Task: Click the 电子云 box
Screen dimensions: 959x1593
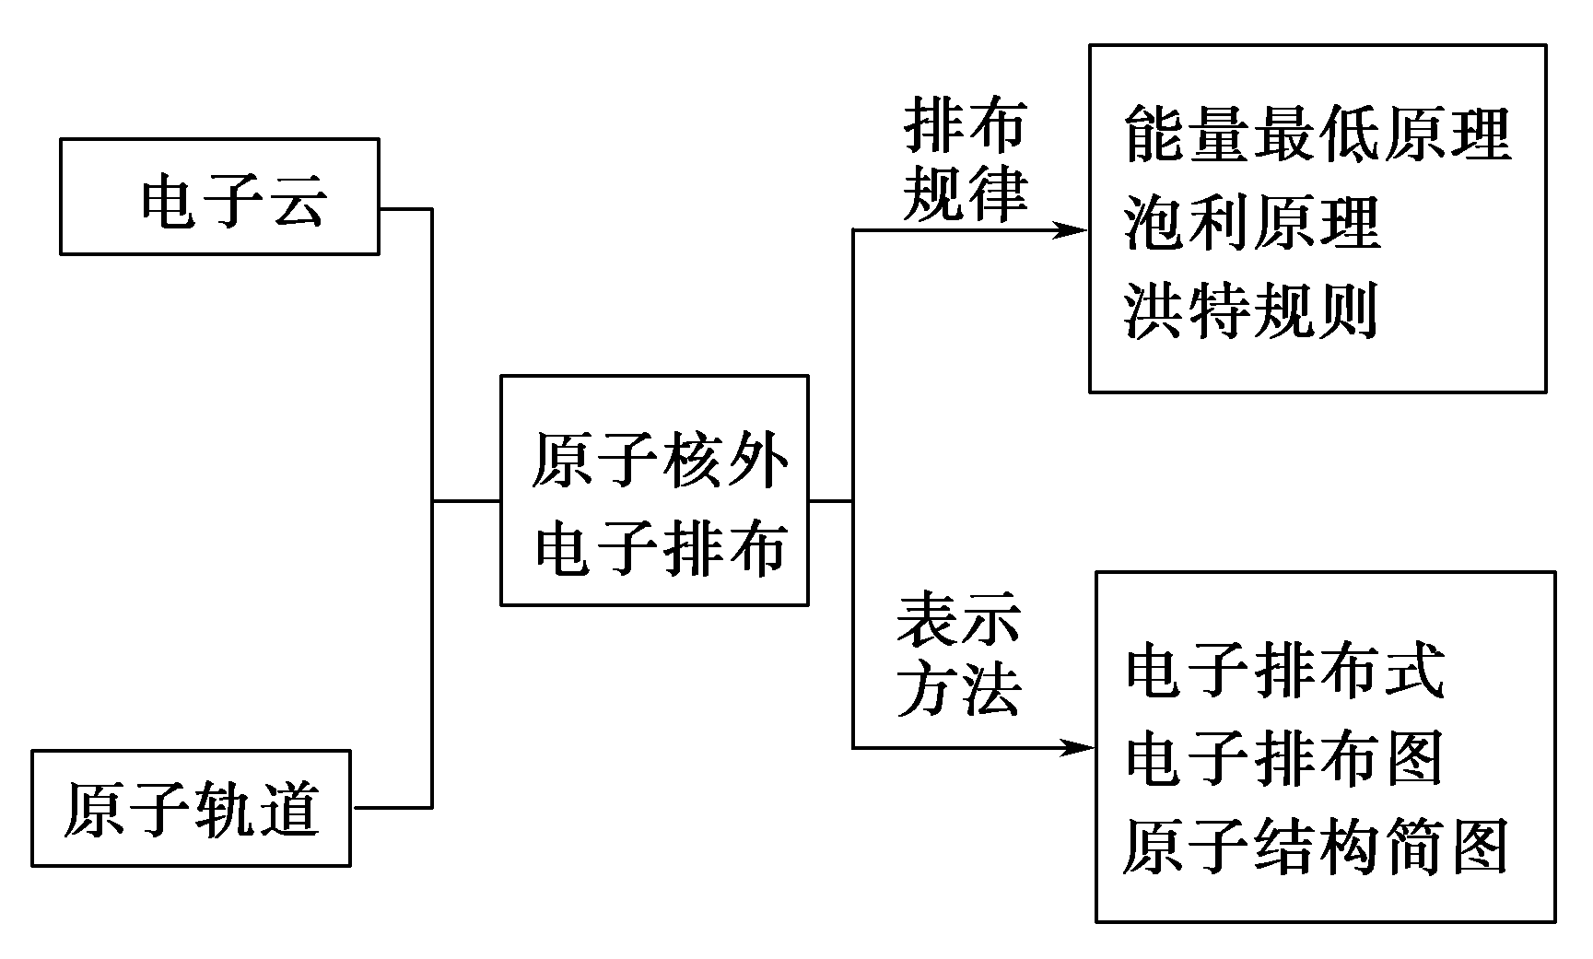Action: click(x=219, y=196)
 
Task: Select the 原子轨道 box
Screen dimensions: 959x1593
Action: click(x=192, y=808)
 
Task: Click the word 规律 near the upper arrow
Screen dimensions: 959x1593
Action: click(x=964, y=194)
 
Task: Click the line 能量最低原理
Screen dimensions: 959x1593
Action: click(x=1318, y=134)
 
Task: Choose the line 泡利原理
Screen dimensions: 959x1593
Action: click(x=1251, y=223)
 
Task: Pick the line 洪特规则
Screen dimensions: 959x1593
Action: click(x=1251, y=310)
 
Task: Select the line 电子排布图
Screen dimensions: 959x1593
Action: click(x=1284, y=758)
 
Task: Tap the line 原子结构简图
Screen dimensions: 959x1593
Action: click(x=1316, y=846)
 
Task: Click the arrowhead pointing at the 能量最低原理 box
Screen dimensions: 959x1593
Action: click(x=1074, y=230)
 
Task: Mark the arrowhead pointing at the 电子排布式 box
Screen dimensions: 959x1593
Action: click(x=1078, y=747)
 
